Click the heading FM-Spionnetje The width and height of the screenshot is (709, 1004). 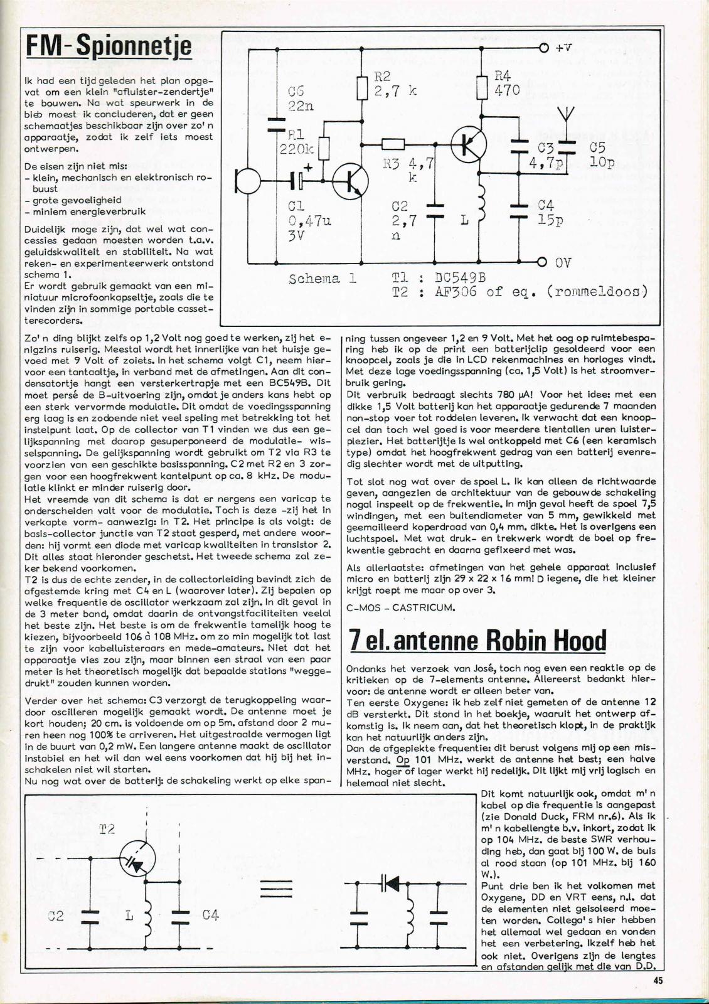click(x=109, y=45)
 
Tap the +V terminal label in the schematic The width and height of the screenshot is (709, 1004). click(x=563, y=48)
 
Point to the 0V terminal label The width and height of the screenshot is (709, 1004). click(x=562, y=263)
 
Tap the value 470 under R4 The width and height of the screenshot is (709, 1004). click(x=507, y=90)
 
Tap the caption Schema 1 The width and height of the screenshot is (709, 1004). click(x=323, y=279)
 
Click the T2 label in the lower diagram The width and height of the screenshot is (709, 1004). click(x=107, y=830)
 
